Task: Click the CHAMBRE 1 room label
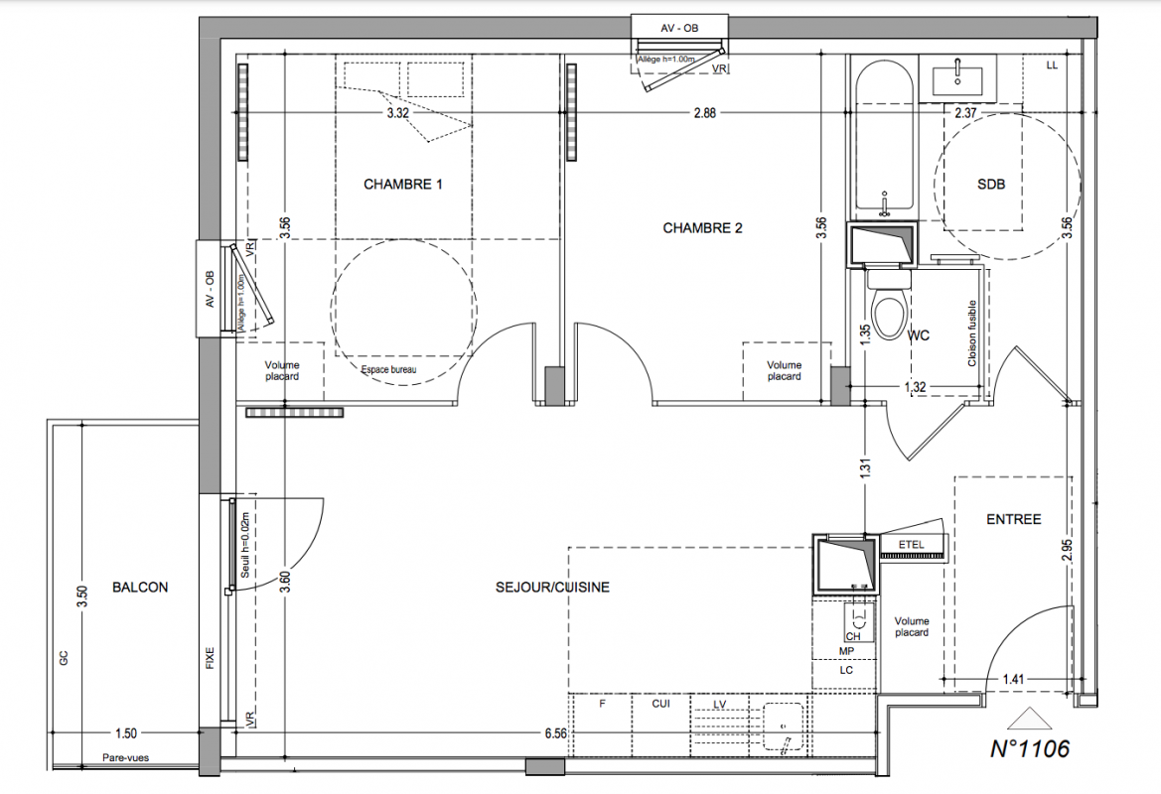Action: pos(403,185)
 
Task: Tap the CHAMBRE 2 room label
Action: pos(702,228)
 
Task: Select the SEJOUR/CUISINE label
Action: pos(552,588)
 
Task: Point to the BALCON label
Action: pos(140,588)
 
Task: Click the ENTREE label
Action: pos(1014,519)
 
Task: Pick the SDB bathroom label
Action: pos(991,185)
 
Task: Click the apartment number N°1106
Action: pos(1030,749)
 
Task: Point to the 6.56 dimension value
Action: pos(555,734)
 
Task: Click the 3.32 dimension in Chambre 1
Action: pos(397,113)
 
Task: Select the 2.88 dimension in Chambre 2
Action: pos(704,113)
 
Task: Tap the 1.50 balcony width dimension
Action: pos(126,734)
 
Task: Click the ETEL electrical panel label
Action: pos(911,545)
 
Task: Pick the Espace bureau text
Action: pos(388,369)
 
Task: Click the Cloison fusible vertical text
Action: pos(972,333)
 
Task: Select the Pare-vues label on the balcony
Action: pos(125,757)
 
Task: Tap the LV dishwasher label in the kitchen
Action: pos(719,705)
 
